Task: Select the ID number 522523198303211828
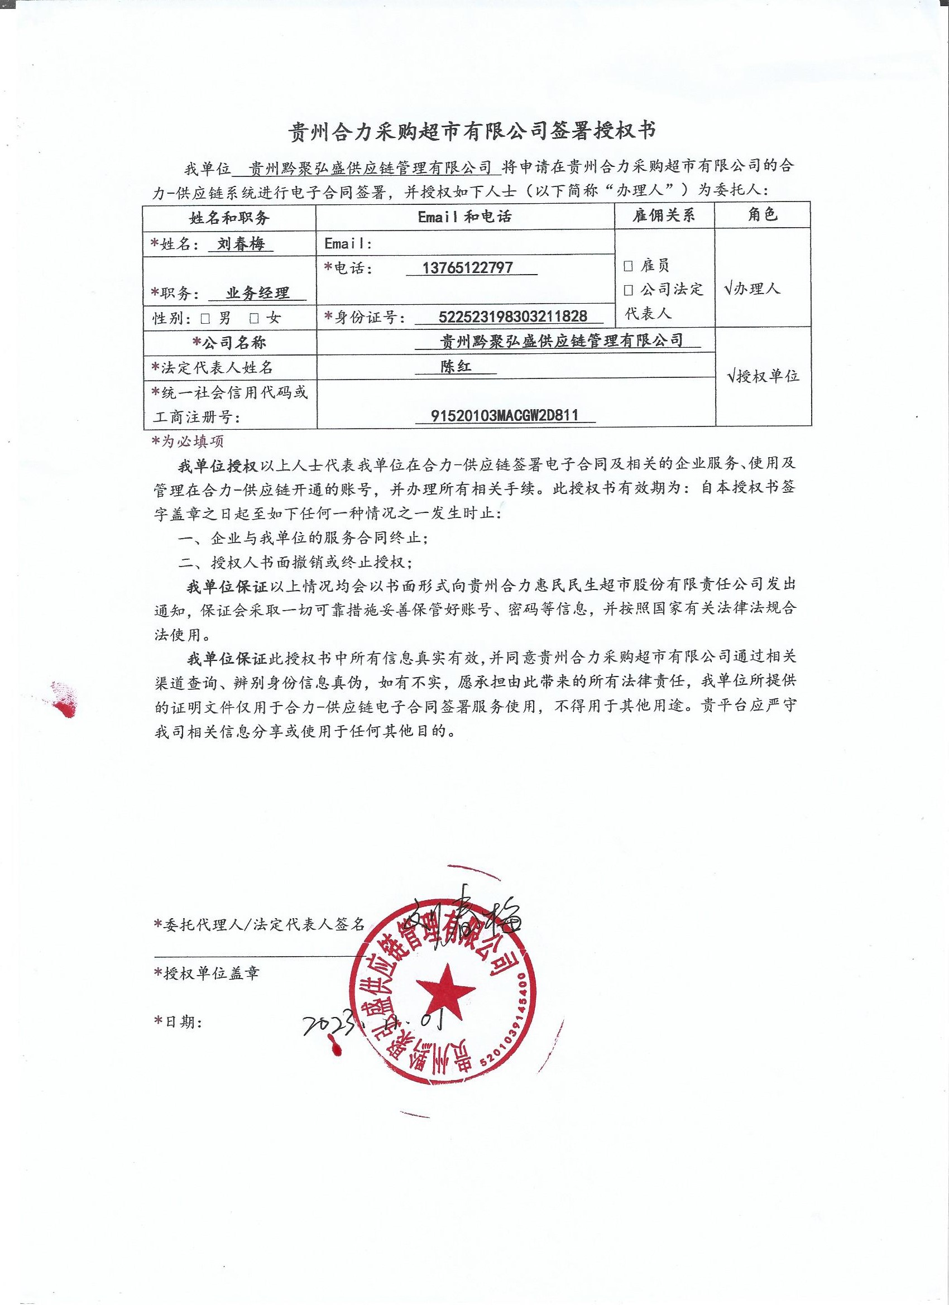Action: click(512, 316)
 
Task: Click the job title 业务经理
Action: click(257, 293)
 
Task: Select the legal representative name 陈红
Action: click(456, 367)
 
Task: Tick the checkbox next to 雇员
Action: click(629, 266)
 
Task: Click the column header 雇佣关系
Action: click(664, 215)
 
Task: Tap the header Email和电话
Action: click(464, 216)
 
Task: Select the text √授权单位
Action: click(763, 376)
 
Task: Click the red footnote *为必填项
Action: click(187, 442)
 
